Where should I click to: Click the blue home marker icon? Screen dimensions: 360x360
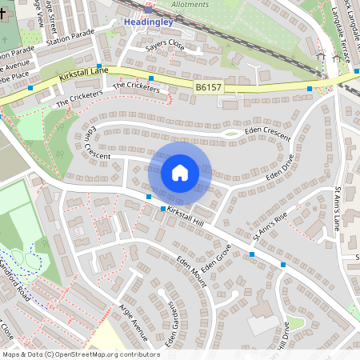pyautogui.click(x=180, y=173)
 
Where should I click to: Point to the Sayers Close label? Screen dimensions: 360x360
pyautogui.click(x=165, y=46)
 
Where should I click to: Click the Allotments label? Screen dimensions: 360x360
pyautogui.click(x=190, y=4)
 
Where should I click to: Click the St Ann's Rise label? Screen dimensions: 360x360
pyautogui.click(x=270, y=228)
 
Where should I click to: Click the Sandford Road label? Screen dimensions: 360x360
pyautogui.click(x=15, y=279)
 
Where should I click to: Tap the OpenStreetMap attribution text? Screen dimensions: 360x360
pyautogui.click(x=80, y=354)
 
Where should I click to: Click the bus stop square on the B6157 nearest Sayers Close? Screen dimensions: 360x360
pyautogui.click(x=150, y=78)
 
